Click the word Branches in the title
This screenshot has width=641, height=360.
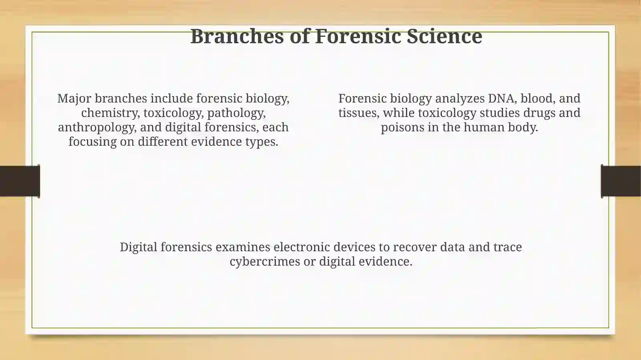click(x=237, y=36)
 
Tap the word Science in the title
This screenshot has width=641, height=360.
click(x=444, y=36)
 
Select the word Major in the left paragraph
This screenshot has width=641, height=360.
click(x=74, y=99)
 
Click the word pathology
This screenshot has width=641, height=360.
click(x=236, y=113)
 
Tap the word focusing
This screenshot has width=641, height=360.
click(x=93, y=142)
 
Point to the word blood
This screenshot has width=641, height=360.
click(x=536, y=99)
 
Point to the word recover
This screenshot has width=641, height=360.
click(x=415, y=247)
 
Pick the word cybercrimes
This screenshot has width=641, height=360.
click(x=265, y=261)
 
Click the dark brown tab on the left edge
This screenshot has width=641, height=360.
click(x=20, y=181)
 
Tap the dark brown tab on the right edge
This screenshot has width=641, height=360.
click(x=621, y=181)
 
